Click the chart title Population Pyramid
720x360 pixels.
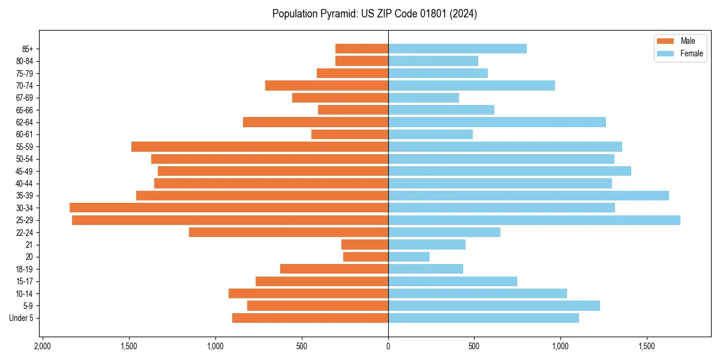(x=374, y=14)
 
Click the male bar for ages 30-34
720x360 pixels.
(x=229, y=208)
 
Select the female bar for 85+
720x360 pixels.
(x=457, y=49)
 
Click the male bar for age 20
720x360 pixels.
(x=365, y=257)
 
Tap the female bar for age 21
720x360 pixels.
(x=427, y=245)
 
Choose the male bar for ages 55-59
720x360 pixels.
(x=260, y=146)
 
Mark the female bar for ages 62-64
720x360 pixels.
(x=497, y=122)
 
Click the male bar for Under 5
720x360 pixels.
(x=310, y=318)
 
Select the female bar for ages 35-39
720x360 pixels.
(x=528, y=196)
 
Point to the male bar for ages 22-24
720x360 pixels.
(x=289, y=232)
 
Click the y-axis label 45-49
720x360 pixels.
(x=25, y=171)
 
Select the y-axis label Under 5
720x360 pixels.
(x=21, y=318)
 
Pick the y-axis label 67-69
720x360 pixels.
(x=25, y=98)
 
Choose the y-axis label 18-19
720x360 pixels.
(x=25, y=269)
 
